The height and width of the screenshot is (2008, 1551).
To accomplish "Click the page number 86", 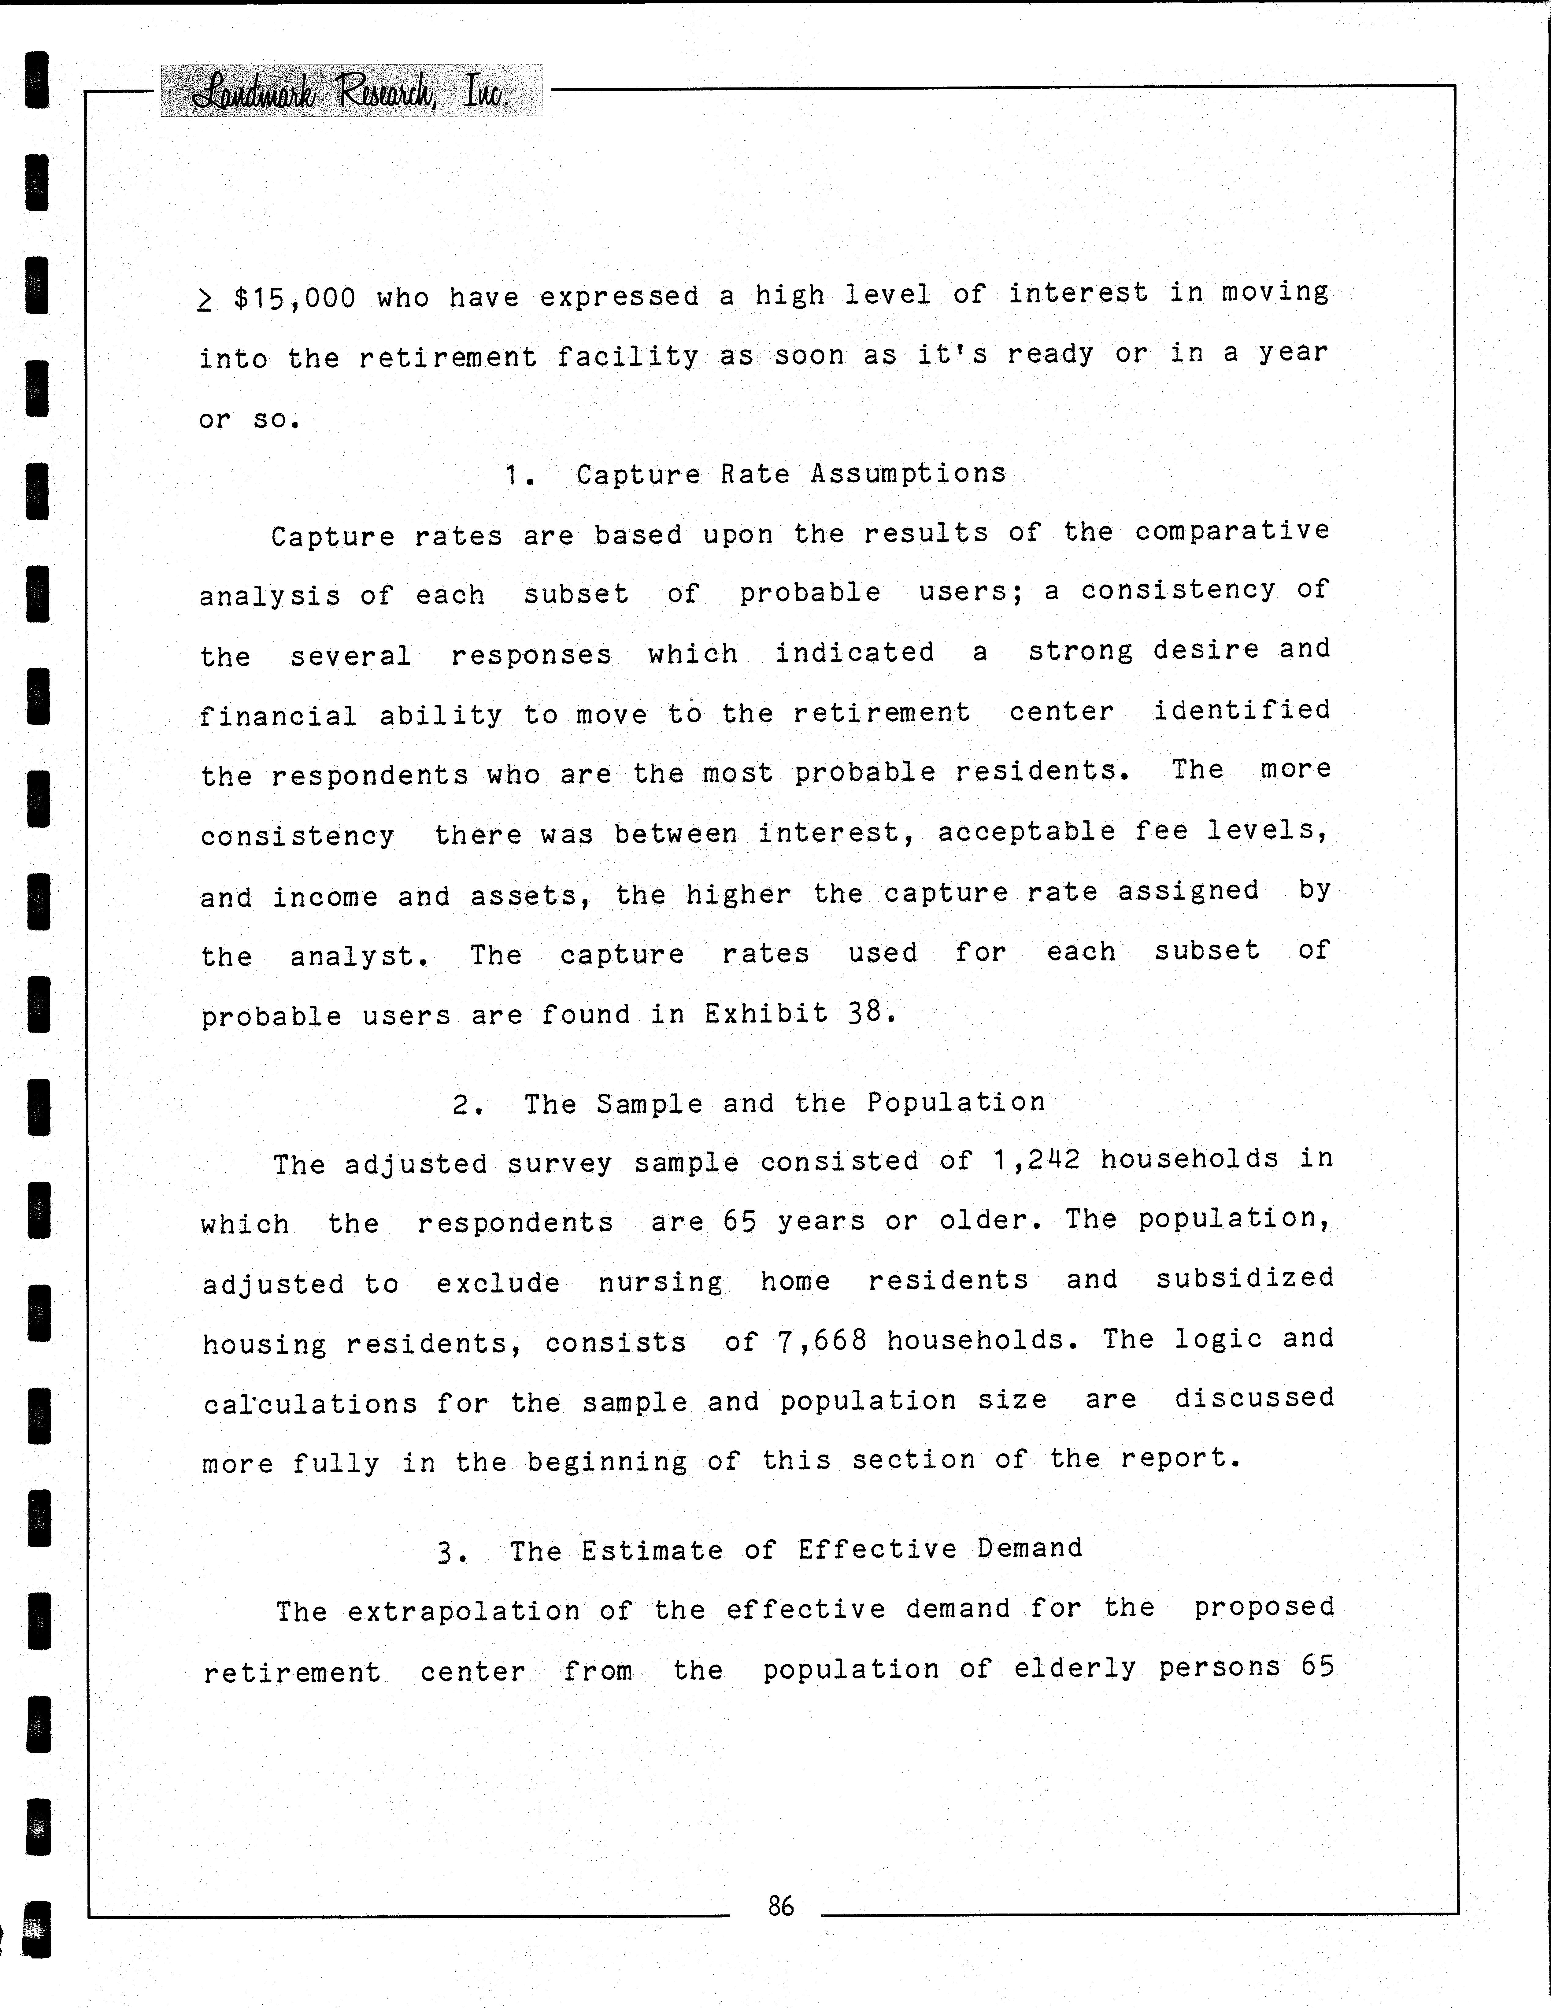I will coord(781,1906).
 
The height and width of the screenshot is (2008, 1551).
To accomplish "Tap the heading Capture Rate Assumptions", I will coord(791,474).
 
